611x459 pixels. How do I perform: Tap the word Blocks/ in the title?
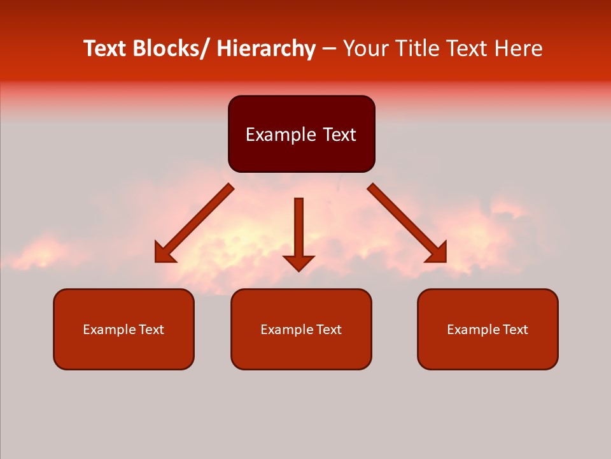tap(171, 48)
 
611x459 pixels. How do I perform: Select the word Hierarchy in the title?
tap(266, 48)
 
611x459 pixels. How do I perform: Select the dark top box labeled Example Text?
tap(301, 134)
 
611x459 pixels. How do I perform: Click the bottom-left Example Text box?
tap(123, 329)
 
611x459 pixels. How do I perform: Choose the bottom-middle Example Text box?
tap(301, 329)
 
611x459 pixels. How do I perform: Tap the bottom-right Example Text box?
tap(488, 329)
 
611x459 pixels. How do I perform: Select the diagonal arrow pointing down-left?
tap(197, 221)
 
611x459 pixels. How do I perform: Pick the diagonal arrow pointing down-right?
tap(405, 221)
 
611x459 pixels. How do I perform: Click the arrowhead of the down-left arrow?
tap(164, 253)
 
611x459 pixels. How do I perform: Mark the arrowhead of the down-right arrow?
tap(438, 253)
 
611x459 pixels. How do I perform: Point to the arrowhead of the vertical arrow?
tap(298, 263)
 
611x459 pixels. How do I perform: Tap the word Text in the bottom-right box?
tap(516, 330)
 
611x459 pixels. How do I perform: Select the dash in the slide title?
tap(329, 49)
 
